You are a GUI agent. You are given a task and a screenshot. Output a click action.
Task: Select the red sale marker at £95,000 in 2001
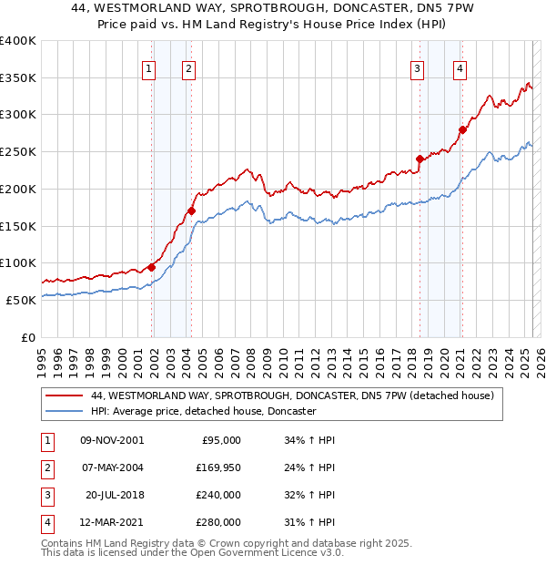[x=151, y=267]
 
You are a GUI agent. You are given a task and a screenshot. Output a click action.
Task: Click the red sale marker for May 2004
[x=191, y=211]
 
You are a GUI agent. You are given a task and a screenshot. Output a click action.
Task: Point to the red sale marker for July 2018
[x=420, y=159]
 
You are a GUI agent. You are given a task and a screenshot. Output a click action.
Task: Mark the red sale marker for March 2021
[x=462, y=129]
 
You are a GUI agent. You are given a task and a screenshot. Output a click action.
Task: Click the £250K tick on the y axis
[x=18, y=152]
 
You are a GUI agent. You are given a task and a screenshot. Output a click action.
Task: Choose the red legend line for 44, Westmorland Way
[x=65, y=396]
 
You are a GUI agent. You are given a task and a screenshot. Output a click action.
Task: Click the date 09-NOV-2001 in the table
[x=112, y=441]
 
